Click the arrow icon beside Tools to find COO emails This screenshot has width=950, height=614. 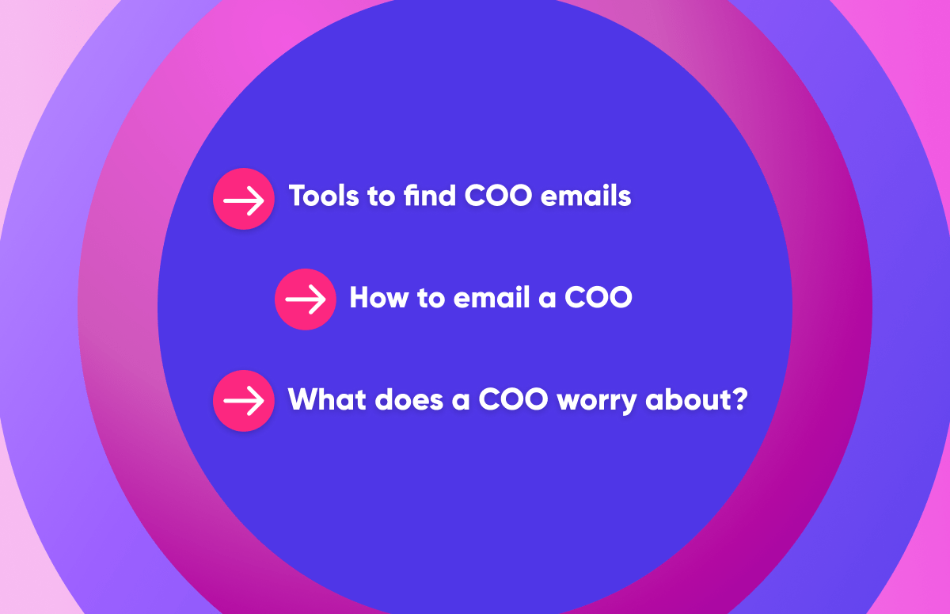point(244,199)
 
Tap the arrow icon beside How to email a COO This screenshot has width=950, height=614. point(306,299)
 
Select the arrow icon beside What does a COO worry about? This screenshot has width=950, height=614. point(244,401)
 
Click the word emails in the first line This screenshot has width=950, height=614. point(586,196)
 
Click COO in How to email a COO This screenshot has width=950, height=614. point(598,298)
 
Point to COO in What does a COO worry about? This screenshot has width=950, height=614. point(513,399)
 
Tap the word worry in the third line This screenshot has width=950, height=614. point(598,401)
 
